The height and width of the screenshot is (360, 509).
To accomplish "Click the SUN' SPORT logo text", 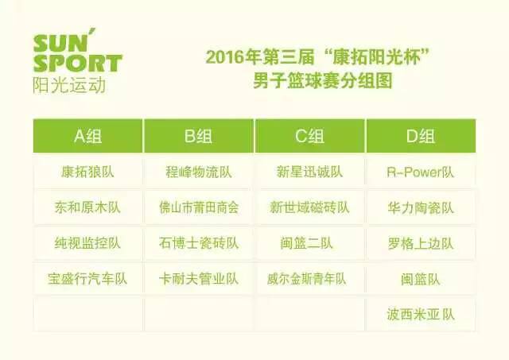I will pos(76,53).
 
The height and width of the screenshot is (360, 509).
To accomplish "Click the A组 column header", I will pos(87,136).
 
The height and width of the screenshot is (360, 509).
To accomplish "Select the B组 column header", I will pos(199,136).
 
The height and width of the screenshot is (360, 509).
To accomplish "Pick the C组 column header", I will pos(310,136).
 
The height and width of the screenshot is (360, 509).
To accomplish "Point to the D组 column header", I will pos(421,136).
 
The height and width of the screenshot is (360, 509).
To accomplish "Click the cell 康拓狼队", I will pos(87,172).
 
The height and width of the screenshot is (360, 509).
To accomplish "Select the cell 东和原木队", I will pos(87,207).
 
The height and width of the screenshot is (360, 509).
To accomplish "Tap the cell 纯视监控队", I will pos(87,243).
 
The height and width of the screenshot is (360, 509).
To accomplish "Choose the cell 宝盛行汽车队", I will pos(87,279).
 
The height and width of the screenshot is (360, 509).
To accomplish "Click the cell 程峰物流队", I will pos(199,172).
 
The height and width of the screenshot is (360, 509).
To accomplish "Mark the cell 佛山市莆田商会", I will pos(199,207).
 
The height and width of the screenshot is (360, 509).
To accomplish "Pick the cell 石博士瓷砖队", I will pos(199,243).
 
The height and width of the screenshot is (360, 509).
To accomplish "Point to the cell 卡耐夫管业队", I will pos(199,279).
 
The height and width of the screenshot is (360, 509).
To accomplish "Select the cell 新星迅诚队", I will pos(310,172).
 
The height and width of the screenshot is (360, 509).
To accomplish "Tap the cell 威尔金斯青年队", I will pos(310,279).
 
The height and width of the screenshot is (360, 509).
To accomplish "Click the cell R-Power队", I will pos(421,172).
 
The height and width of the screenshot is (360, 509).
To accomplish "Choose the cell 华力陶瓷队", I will pos(421,207).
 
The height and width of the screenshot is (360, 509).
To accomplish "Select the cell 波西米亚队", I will pos(421,315).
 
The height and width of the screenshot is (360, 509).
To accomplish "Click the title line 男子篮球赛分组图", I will pos(312,82).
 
